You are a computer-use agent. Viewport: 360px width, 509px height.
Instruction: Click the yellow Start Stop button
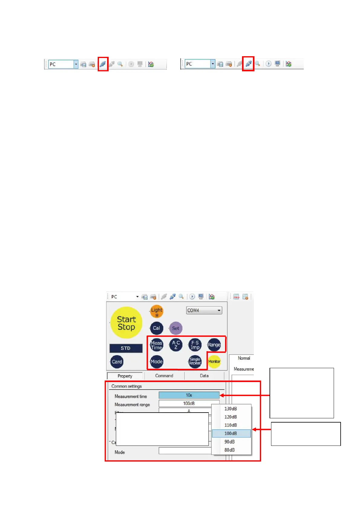(126, 323)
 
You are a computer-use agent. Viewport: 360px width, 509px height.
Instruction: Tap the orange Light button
(157, 312)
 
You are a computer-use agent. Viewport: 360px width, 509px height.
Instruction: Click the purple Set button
(175, 328)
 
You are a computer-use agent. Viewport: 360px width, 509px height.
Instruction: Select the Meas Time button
(156, 345)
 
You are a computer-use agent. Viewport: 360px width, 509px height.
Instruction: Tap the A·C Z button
(176, 345)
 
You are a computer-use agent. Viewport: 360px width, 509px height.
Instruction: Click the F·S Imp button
(195, 345)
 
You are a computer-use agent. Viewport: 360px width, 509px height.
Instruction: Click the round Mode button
(156, 361)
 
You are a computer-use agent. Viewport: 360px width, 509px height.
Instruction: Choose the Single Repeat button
(195, 361)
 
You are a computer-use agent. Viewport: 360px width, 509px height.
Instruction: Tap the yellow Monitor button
(214, 361)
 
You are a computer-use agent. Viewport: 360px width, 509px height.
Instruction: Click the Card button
(117, 362)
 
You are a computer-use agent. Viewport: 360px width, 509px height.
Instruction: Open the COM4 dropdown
(204, 310)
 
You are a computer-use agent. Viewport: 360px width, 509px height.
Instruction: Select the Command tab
(164, 376)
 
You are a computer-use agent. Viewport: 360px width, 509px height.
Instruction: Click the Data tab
(204, 376)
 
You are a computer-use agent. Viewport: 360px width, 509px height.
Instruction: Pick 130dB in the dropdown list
(231, 409)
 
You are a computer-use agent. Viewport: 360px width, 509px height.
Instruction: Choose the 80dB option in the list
(230, 450)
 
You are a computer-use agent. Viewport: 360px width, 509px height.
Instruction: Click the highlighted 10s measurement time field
(189, 395)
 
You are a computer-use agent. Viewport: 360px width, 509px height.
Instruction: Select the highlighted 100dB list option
(231, 433)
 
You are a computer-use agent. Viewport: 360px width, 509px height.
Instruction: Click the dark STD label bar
(126, 348)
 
